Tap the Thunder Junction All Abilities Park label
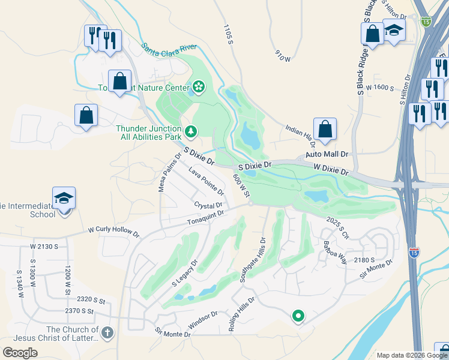tap(148, 133)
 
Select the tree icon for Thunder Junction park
tap(191, 130)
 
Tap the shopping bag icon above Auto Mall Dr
tap(325, 129)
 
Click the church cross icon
tap(107, 332)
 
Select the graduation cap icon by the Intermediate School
tap(64, 199)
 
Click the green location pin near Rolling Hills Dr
tap(297, 315)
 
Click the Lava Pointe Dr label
tap(206, 182)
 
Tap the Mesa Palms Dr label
tap(169, 172)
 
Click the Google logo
tap(20, 353)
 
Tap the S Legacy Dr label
tap(185, 272)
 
